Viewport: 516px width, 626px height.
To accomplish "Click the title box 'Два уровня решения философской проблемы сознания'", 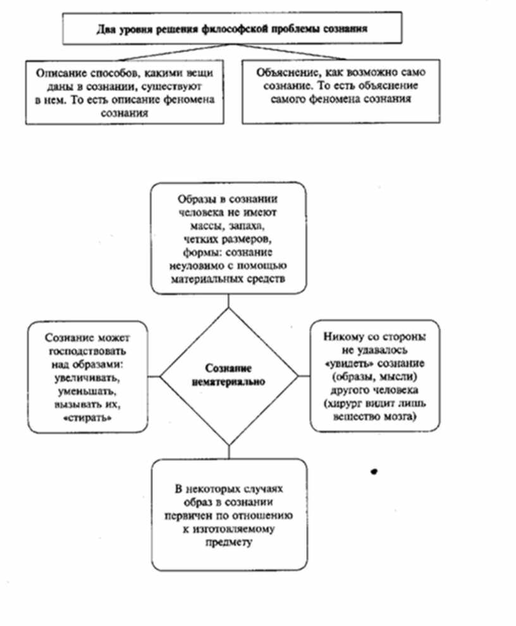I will (232, 28).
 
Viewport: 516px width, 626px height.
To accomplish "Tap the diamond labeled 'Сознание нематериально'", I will (228, 376).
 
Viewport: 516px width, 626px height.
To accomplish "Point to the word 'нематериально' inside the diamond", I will (228, 383).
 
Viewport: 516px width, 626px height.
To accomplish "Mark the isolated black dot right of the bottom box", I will (374, 471).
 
